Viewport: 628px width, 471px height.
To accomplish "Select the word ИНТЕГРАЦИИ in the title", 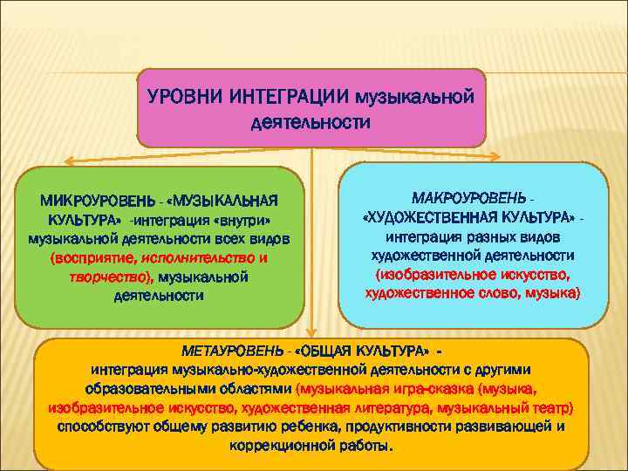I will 290,94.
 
